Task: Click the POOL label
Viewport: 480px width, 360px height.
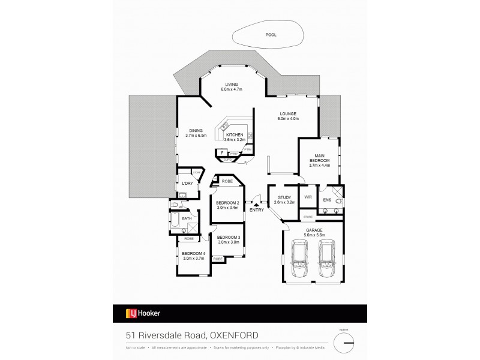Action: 271,35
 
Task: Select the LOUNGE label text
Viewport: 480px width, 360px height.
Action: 288,115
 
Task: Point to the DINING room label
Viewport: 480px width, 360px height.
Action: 196,130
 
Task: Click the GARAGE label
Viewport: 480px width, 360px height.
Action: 314,230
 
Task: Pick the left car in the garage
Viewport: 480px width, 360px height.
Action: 299,260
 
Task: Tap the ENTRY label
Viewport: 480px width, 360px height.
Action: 256,209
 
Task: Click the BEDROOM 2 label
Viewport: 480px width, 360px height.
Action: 228,203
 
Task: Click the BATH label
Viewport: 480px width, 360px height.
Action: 187,218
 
